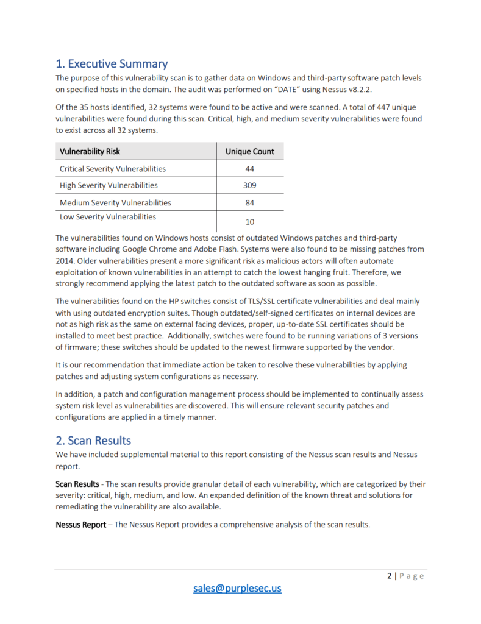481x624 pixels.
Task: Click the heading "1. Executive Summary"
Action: click(x=112, y=63)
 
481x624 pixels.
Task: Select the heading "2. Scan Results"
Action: click(x=93, y=439)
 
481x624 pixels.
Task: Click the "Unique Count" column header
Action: click(x=250, y=151)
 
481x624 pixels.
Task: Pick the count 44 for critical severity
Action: click(x=250, y=168)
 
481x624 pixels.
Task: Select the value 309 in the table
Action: click(x=250, y=185)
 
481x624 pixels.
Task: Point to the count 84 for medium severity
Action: click(x=250, y=202)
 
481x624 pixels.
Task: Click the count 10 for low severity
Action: click(x=250, y=222)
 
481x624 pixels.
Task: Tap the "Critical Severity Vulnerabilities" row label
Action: click(x=112, y=168)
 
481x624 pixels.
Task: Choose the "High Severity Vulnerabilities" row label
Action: click(x=109, y=185)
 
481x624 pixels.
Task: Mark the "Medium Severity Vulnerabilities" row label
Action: click(x=115, y=202)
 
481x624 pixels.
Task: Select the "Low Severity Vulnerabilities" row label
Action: click(x=107, y=217)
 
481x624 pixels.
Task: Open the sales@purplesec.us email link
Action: click(x=237, y=588)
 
